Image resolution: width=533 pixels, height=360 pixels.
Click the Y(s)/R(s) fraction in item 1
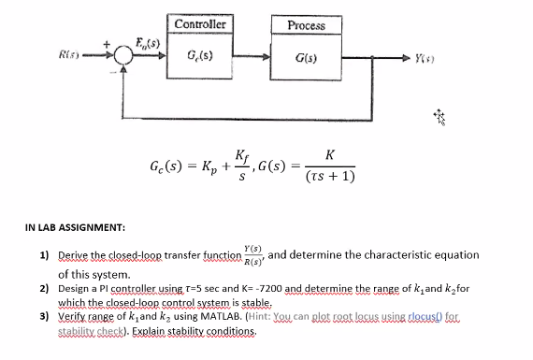252,253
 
